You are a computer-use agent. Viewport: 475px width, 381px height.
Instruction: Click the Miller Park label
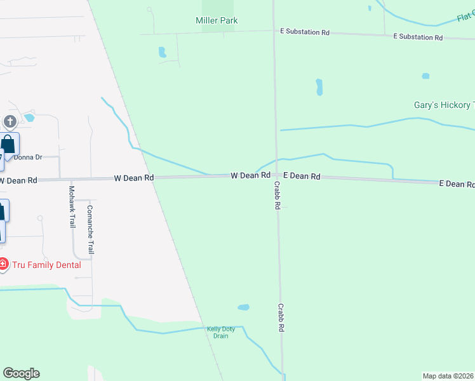[217, 20]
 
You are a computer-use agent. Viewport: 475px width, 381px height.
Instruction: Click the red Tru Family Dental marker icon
[4, 264]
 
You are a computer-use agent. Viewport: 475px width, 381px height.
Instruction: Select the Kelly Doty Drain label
[220, 332]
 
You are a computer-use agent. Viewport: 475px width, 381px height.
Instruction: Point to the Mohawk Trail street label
[72, 207]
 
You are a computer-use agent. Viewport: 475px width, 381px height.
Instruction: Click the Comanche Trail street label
[90, 230]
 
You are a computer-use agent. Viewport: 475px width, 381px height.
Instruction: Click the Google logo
[21, 373]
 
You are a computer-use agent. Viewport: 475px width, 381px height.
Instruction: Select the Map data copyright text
[448, 376]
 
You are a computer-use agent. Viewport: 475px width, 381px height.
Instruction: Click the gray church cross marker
[10, 121]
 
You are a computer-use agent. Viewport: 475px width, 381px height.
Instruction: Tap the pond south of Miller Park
[163, 52]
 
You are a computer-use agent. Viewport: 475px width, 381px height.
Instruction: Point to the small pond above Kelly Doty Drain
[243, 307]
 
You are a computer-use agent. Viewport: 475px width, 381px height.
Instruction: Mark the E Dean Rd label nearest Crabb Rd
[301, 176]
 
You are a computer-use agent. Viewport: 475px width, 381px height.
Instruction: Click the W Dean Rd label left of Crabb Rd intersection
[250, 175]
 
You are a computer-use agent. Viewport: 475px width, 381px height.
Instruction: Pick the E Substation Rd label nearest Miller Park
[305, 32]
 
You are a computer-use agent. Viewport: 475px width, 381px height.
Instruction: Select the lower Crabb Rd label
[280, 317]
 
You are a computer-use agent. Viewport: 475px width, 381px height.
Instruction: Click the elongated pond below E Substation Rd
[319, 86]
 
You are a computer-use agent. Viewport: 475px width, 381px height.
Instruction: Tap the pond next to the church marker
[29, 117]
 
